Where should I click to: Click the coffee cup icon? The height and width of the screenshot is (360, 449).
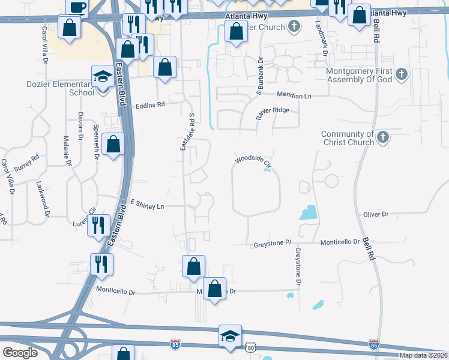click(77, 7)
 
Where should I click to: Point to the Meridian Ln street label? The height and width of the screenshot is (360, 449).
click(294, 95)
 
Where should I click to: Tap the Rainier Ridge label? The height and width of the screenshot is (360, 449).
click(273, 110)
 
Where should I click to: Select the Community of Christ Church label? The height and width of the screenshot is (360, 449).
click(348, 139)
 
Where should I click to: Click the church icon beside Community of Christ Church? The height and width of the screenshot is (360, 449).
click(382, 139)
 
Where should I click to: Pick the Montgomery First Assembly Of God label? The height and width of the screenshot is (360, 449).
click(360, 74)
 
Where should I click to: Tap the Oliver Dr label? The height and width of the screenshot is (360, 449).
click(376, 214)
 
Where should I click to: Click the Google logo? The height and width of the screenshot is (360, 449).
click(20, 353)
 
